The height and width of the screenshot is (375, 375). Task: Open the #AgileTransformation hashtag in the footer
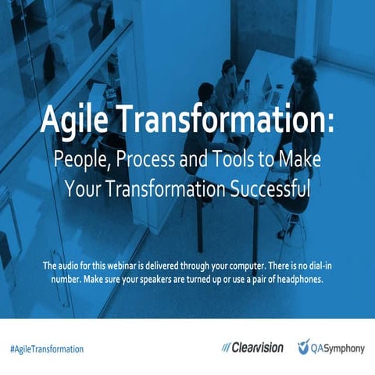48,348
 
